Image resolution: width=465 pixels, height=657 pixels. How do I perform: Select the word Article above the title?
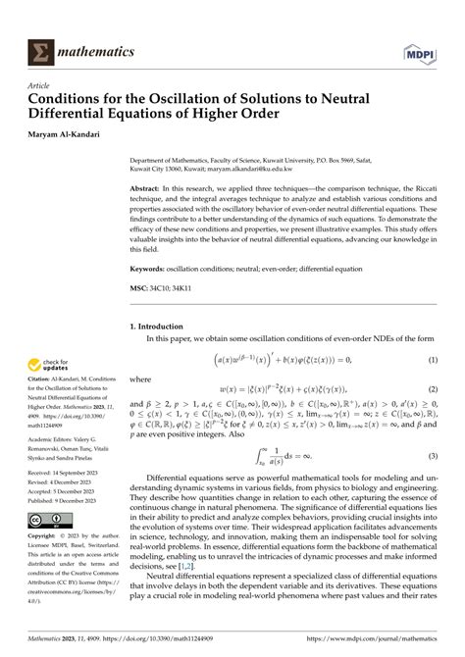[x=38, y=84]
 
